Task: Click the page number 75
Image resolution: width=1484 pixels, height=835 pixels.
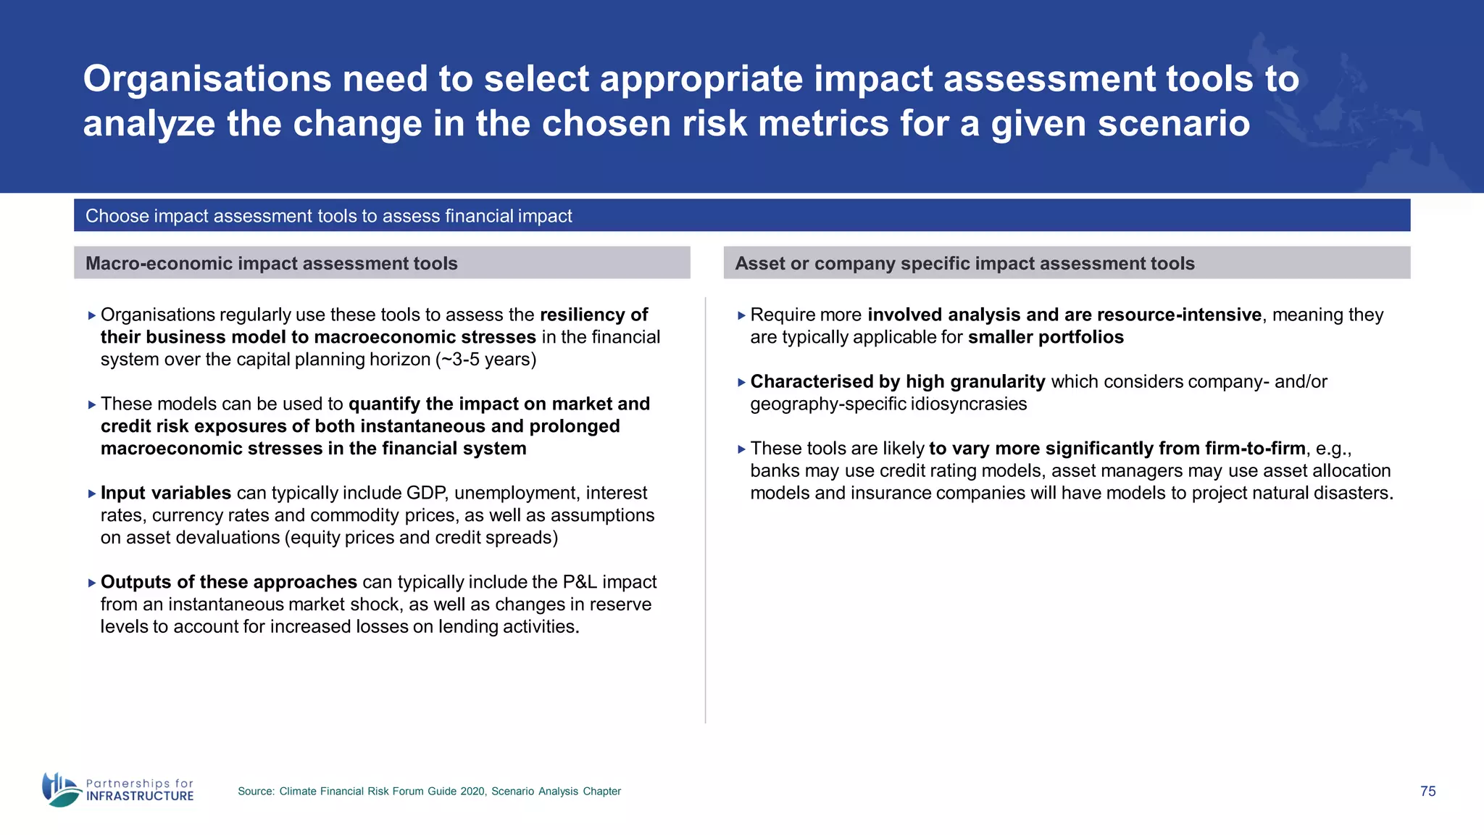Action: [1427, 791]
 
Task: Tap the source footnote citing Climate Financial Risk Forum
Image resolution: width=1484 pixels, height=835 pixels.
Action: [429, 791]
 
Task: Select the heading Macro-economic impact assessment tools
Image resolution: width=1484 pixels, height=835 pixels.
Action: [271, 263]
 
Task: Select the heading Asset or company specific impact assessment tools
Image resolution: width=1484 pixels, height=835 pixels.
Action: [964, 263]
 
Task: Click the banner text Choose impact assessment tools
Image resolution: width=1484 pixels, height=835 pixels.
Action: [328, 216]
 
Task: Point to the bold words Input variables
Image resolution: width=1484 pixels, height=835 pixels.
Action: [165, 493]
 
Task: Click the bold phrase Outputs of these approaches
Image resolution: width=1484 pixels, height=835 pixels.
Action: [228, 582]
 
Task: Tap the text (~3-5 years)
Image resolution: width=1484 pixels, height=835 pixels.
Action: [485, 360]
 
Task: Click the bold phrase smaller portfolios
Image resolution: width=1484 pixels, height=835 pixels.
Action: [1046, 337]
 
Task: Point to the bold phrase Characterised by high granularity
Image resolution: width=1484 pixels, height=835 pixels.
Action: [897, 381]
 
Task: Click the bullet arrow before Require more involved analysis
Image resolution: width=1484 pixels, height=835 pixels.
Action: [741, 315]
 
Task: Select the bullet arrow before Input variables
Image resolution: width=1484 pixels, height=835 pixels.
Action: [91, 494]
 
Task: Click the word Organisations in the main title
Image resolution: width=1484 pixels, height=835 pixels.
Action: [207, 78]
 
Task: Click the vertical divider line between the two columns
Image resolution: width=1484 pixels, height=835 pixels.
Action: [705, 507]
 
